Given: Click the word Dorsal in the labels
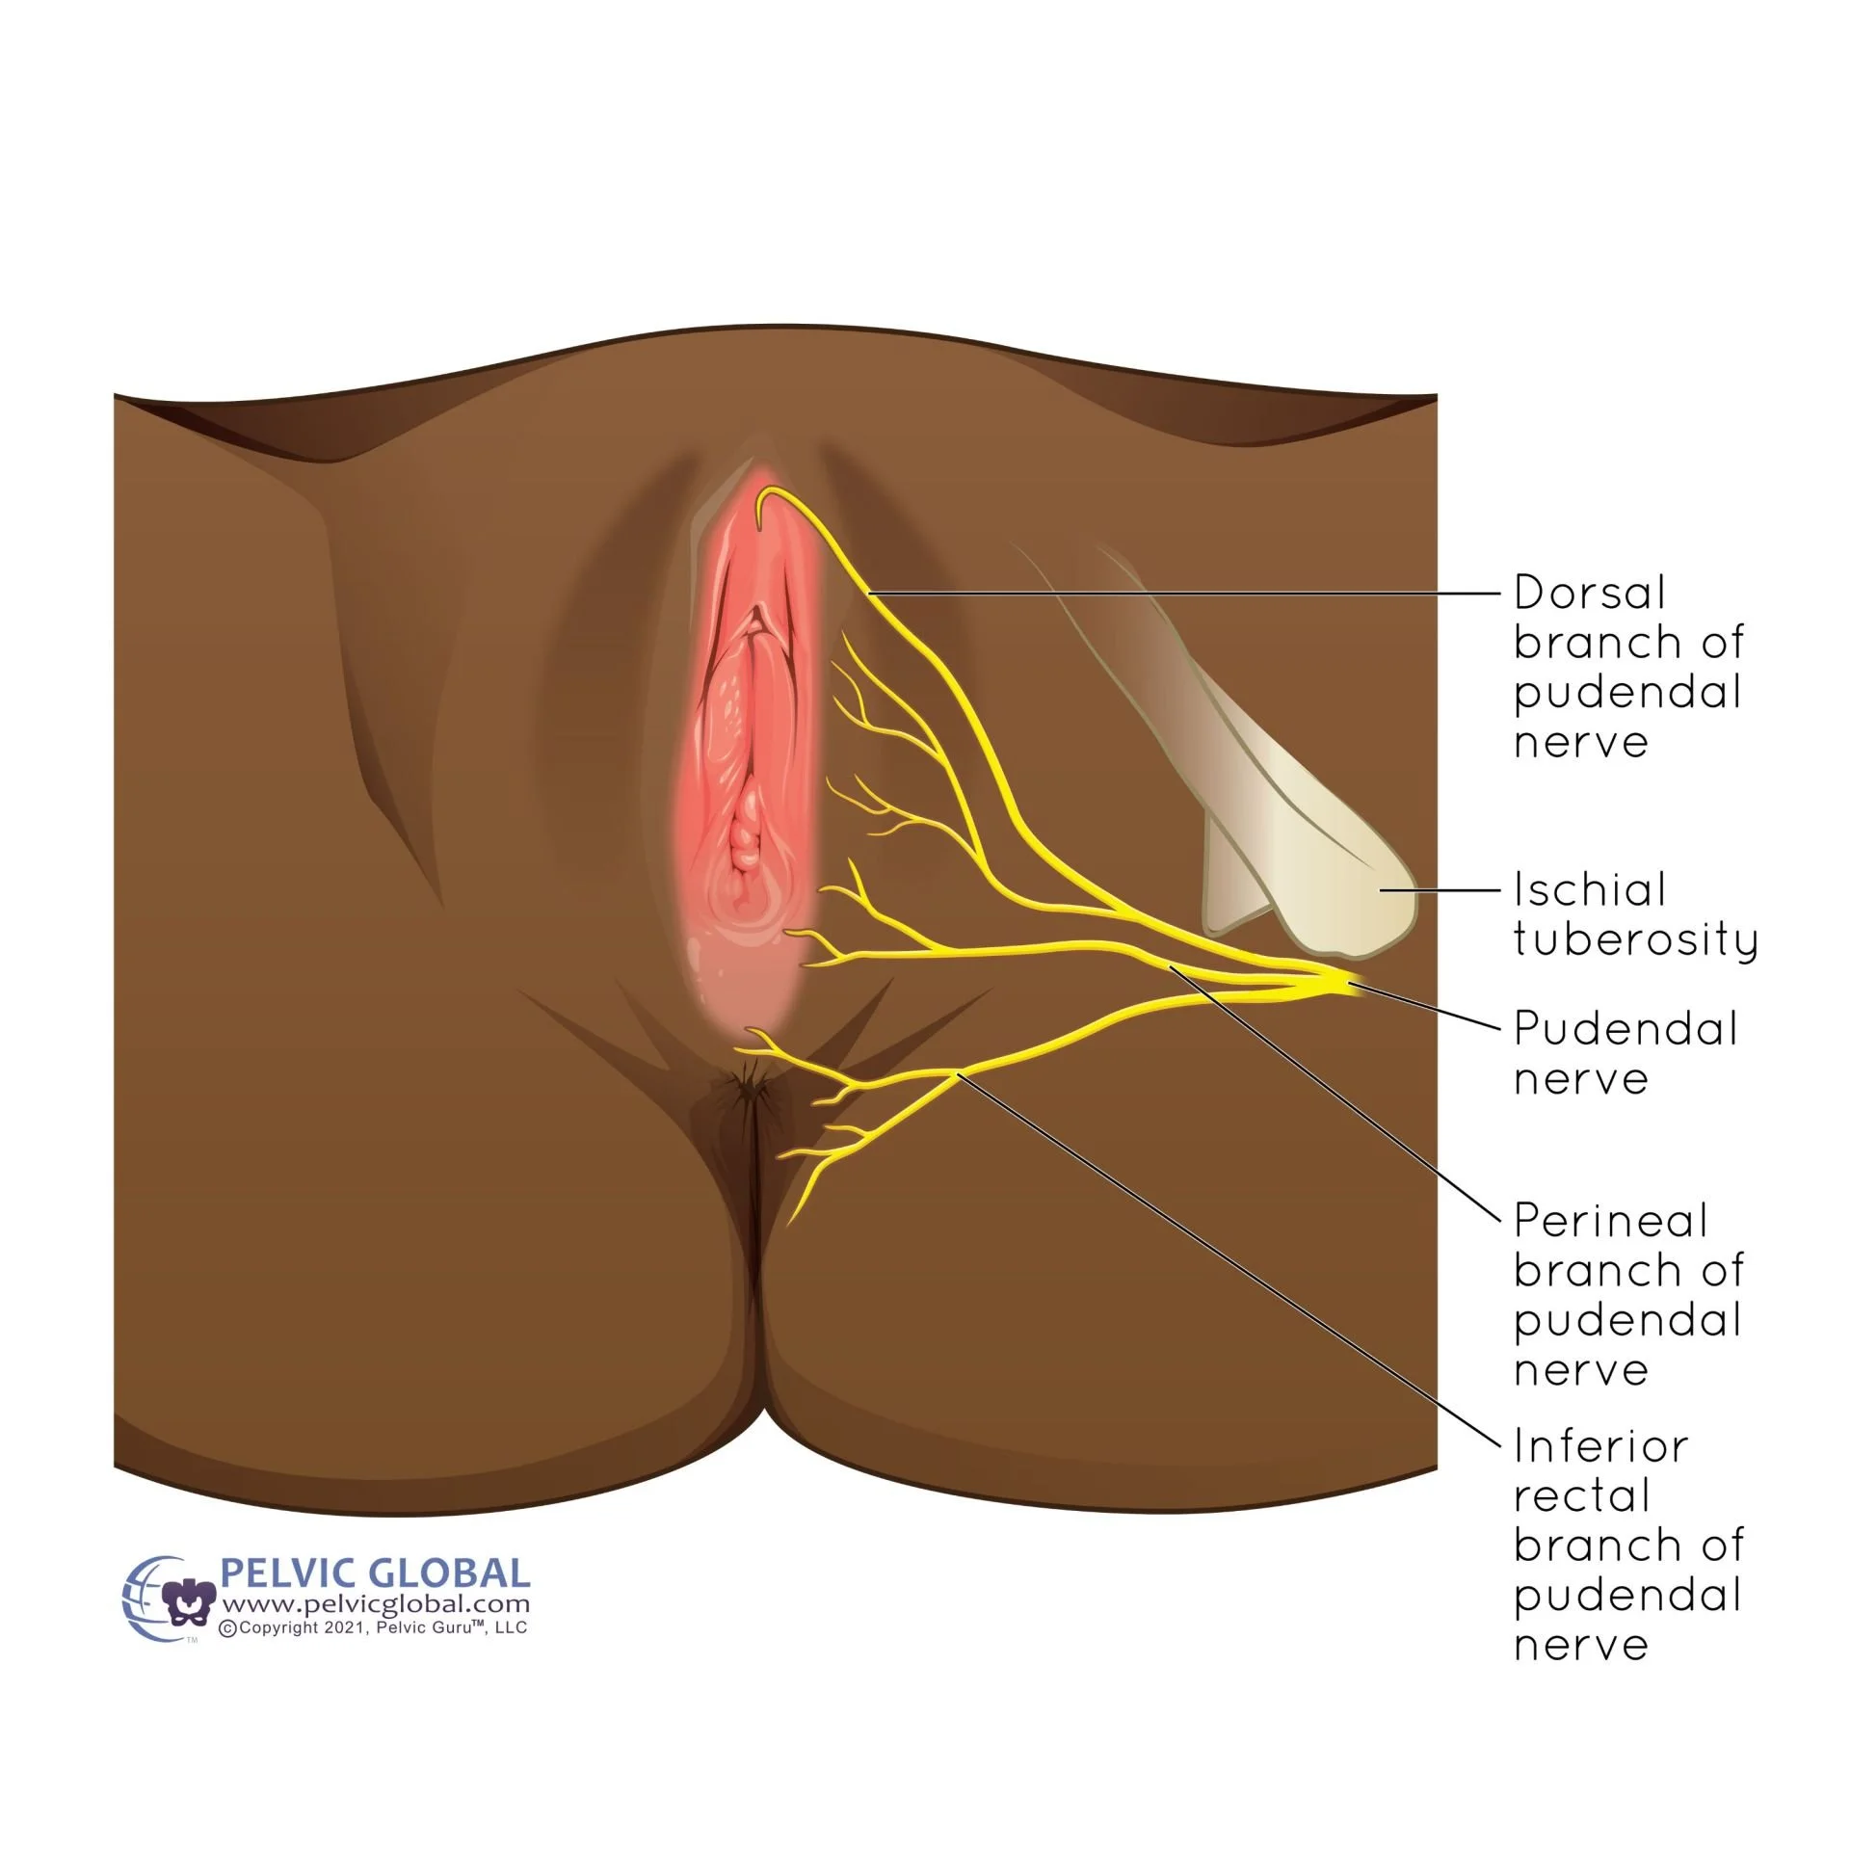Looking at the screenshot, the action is click(x=1589, y=593).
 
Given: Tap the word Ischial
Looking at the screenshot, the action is click(x=1589, y=889).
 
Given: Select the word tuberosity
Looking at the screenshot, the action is click(x=1635, y=939).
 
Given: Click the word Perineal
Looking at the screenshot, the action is click(x=1610, y=1221).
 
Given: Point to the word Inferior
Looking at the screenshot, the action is click(x=1600, y=1446).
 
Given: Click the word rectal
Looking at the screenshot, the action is click(x=1581, y=1496).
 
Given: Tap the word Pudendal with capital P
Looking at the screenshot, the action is click(x=1625, y=1028).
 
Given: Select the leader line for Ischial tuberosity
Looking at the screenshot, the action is click(x=1440, y=890).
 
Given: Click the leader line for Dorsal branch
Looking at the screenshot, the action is click(x=1185, y=594).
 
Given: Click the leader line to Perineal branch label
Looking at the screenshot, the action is click(x=1339, y=1094).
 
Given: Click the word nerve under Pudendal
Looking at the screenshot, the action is click(x=1580, y=1080).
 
